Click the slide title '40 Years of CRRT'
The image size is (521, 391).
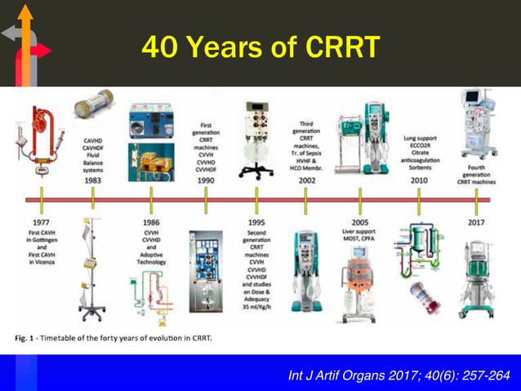point(260,47)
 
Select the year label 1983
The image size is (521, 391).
point(92,180)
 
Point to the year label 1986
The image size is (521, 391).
point(150,222)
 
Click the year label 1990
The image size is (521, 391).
point(206,180)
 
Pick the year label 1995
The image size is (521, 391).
point(256,222)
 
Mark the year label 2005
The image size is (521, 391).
point(359,222)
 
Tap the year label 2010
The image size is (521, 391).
point(418,180)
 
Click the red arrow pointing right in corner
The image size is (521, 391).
point(41,52)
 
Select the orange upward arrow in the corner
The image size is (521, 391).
point(25,33)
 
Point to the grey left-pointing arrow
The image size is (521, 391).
point(10,33)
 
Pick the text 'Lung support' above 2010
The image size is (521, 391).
point(419,139)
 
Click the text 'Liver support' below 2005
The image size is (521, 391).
point(359,232)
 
